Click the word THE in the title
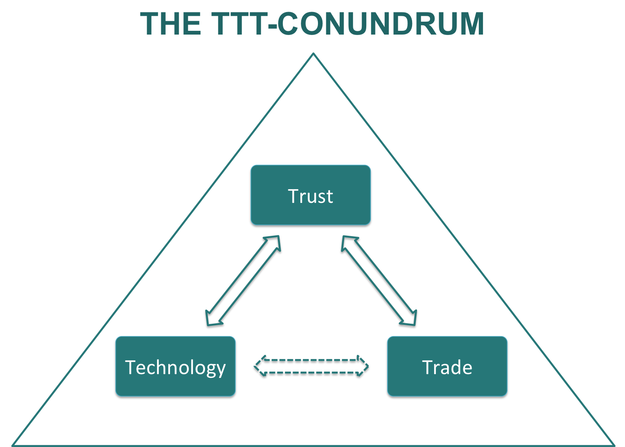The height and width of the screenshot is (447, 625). [170, 24]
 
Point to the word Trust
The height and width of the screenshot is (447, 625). [310, 196]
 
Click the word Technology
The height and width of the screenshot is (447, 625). [175, 367]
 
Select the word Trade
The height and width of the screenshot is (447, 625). [447, 367]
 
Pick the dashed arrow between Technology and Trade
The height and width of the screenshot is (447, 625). [311, 366]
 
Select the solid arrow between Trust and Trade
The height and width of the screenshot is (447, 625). [379, 280]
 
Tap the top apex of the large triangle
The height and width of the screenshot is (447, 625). [313, 53]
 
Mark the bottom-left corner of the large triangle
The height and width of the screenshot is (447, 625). [12, 445]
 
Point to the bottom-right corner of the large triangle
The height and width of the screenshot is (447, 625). [614, 445]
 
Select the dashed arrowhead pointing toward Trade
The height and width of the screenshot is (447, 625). [362, 366]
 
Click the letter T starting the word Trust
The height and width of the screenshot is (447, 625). [293, 196]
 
